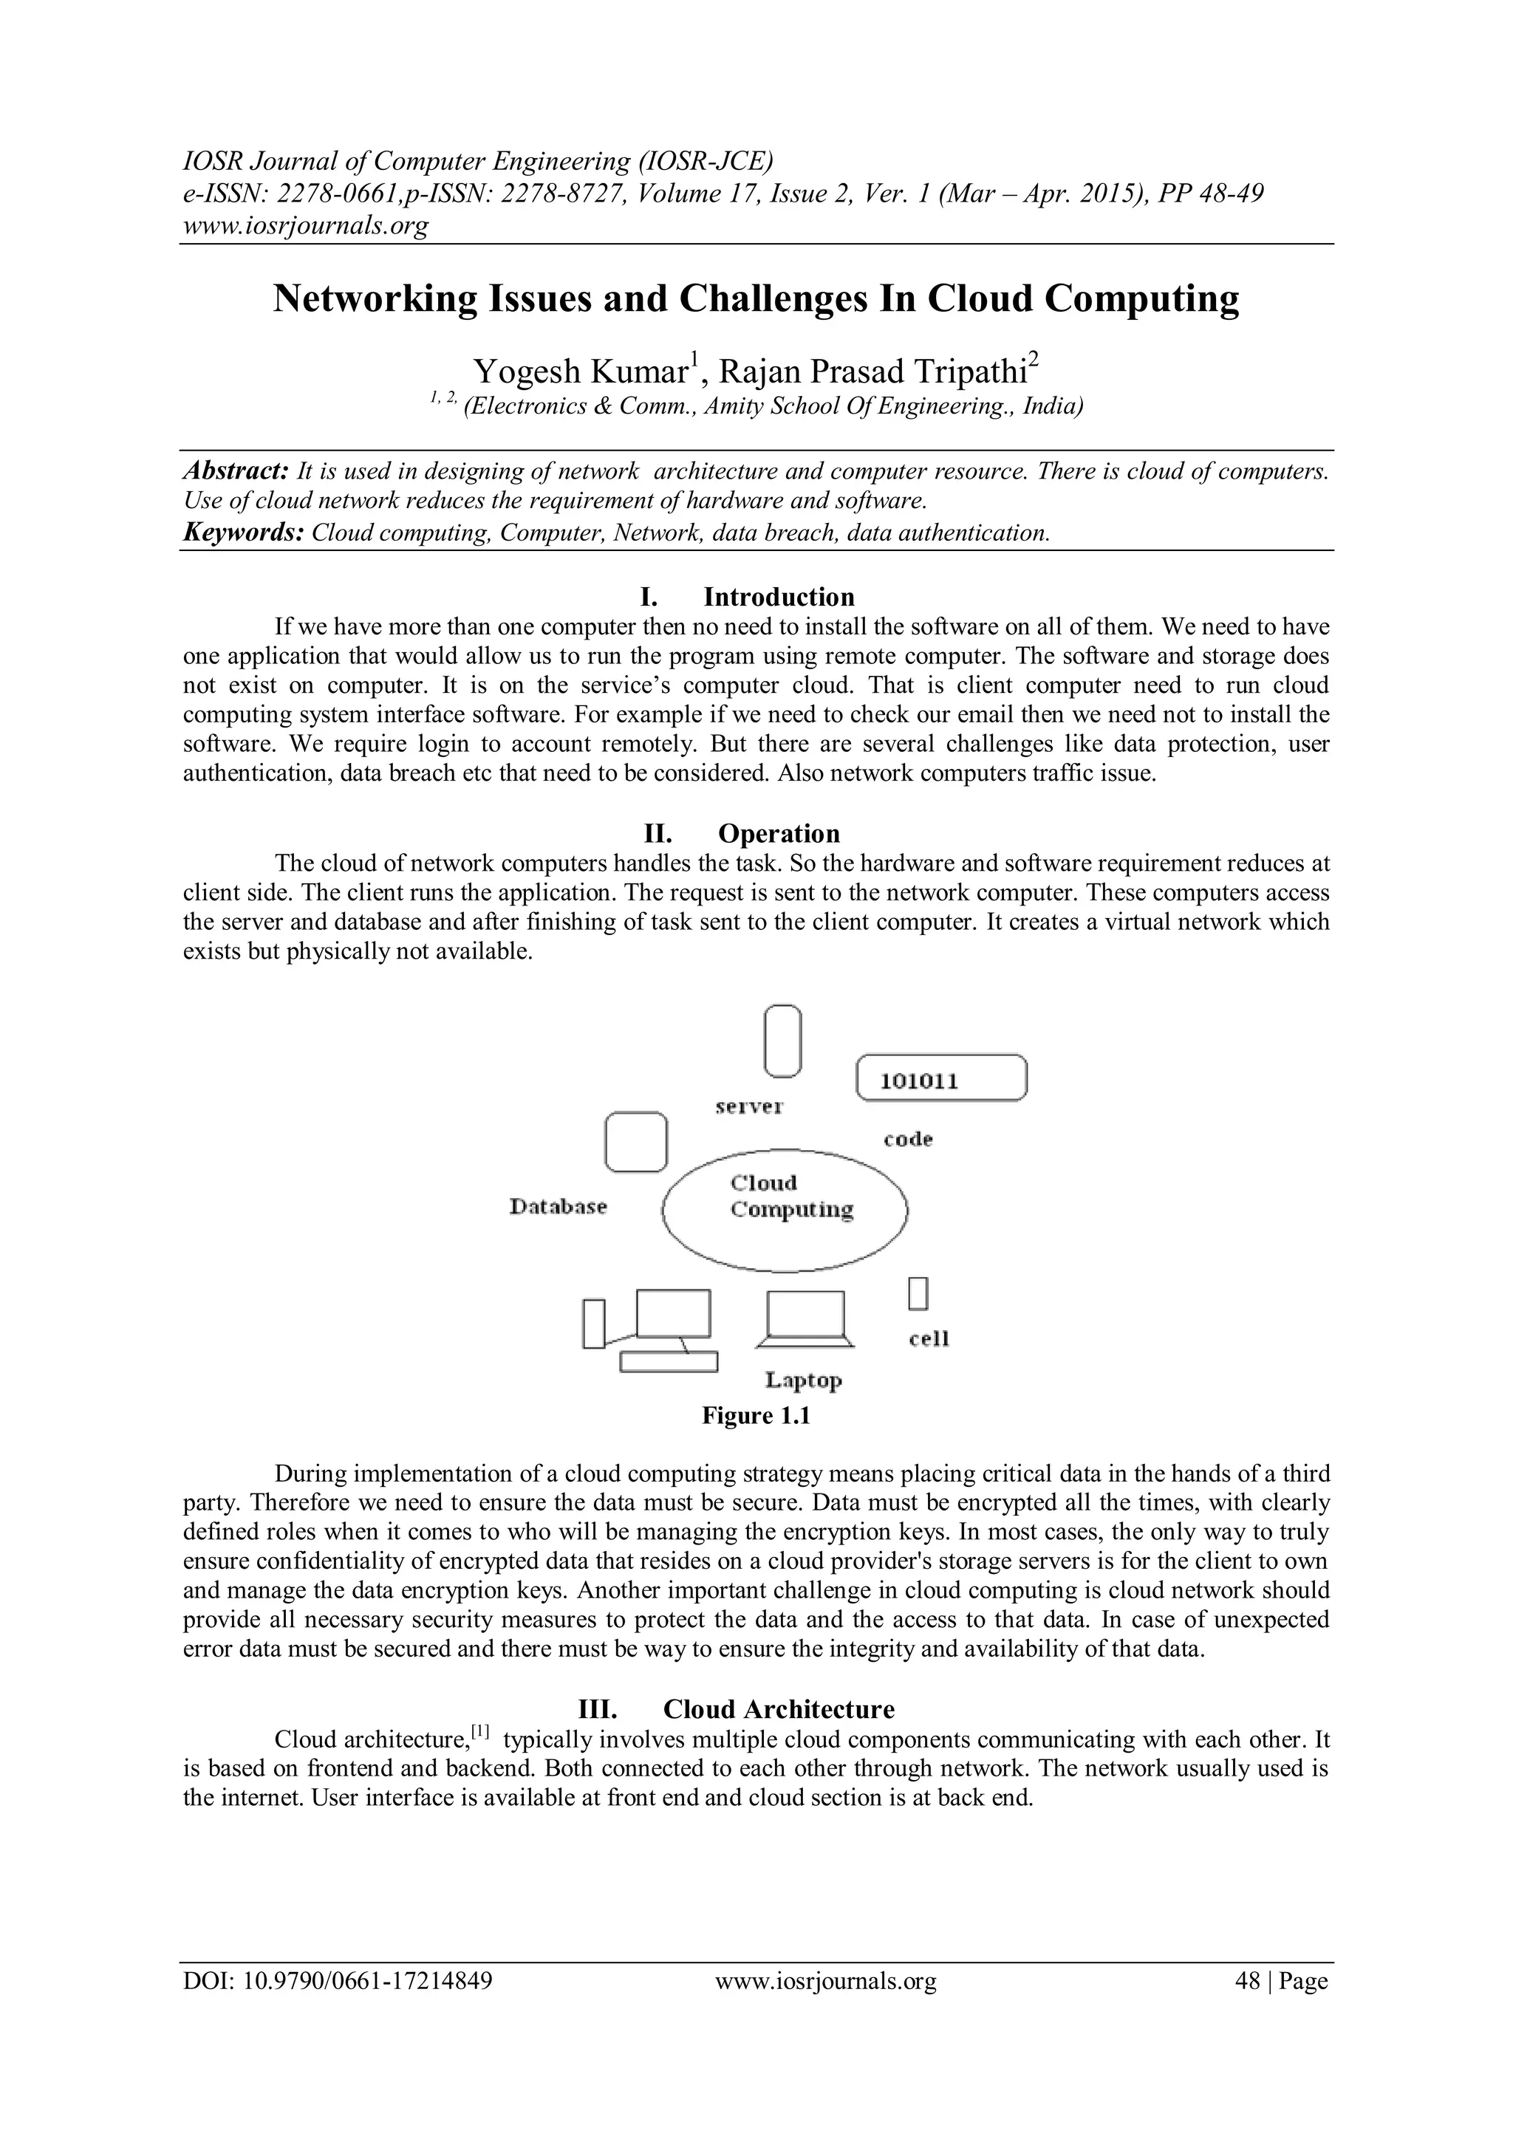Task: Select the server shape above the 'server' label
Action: point(782,1041)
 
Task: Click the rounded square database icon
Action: point(636,1142)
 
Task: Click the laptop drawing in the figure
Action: point(805,1319)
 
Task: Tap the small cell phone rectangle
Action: point(918,1294)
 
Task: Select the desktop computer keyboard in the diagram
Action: point(669,1362)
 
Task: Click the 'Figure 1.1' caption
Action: point(756,1416)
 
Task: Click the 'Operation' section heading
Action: point(778,833)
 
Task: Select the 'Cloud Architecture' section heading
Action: point(778,1710)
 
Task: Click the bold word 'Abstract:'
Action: point(235,470)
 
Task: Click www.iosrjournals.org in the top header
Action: point(304,225)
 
